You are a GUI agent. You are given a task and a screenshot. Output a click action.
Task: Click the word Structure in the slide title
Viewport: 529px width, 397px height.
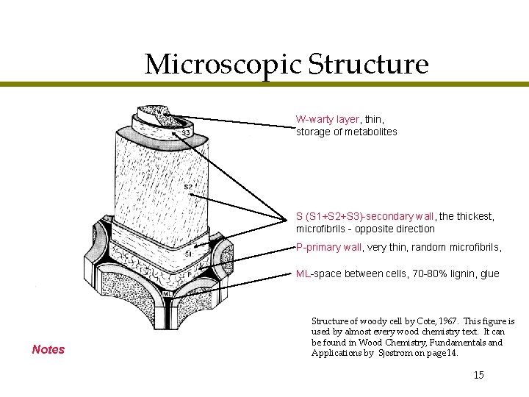coord(368,65)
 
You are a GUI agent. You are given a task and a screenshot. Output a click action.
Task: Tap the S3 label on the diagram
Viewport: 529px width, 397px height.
coord(187,133)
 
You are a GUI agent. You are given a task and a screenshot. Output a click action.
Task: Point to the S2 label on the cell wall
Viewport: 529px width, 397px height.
coord(188,187)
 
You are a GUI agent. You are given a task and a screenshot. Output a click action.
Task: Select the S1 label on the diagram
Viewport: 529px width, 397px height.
coord(188,254)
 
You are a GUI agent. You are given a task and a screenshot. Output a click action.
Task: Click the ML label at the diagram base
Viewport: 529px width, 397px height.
coord(168,295)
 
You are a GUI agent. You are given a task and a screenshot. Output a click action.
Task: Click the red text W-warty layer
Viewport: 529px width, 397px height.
coord(328,119)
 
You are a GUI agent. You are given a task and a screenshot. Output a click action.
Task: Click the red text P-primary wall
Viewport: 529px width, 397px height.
coord(328,247)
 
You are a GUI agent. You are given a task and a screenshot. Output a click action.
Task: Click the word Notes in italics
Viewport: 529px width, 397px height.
coord(48,349)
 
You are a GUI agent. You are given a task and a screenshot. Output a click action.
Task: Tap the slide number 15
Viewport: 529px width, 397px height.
coord(478,375)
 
